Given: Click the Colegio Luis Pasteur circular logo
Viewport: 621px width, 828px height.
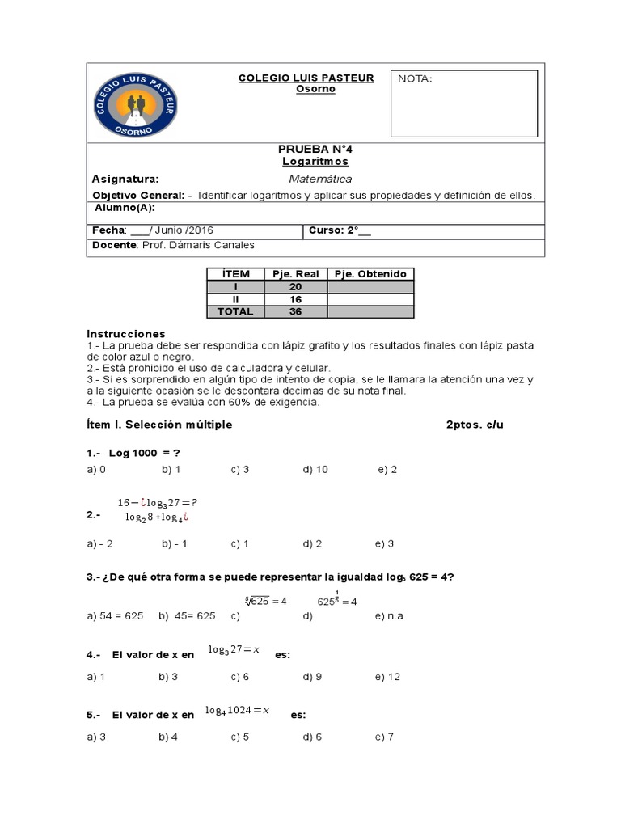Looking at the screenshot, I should tap(136, 104).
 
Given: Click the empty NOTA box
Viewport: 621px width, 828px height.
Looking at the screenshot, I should tap(464, 103).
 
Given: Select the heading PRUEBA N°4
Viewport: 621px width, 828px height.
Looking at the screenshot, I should tap(315, 150).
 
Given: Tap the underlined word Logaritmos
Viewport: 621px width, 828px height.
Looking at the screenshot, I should tap(315, 162).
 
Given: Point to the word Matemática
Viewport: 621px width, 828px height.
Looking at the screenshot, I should tap(320, 180).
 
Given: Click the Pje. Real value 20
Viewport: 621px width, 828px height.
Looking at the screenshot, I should tap(295, 286).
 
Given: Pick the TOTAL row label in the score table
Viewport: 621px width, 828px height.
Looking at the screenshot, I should tap(235, 311).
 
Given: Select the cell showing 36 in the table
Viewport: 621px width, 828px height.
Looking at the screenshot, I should tap(295, 311).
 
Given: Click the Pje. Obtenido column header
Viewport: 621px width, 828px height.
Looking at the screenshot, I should tap(370, 274).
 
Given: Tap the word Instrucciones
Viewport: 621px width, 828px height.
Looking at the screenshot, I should tap(125, 334).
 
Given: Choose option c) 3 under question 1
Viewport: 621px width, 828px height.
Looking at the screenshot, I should tap(240, 469).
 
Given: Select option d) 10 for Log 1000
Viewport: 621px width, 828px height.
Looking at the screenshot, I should tap(315, 469).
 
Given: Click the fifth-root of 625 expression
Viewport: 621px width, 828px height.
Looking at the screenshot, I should tap(266, 601).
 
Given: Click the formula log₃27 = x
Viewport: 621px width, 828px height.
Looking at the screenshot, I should tap(234, 649).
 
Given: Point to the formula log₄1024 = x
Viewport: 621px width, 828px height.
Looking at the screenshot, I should tap(237, 711).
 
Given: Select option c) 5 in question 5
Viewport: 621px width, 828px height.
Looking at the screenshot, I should tap(240, 737).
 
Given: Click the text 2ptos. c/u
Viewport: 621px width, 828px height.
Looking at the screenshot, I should tap(475, 425).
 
